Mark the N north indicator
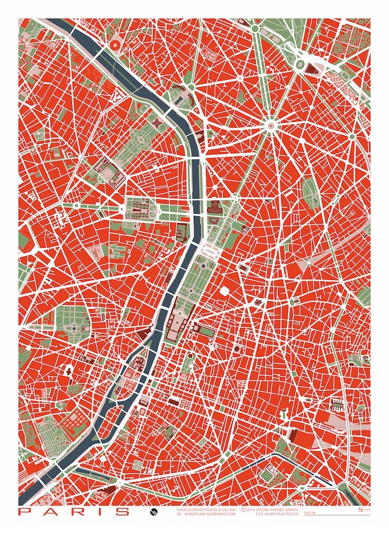click(360, 510)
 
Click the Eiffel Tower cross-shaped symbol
click(157, 123)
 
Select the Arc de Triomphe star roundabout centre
click(271, 125)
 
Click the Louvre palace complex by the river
click(174, 325)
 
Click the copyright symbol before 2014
click(243, 509)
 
